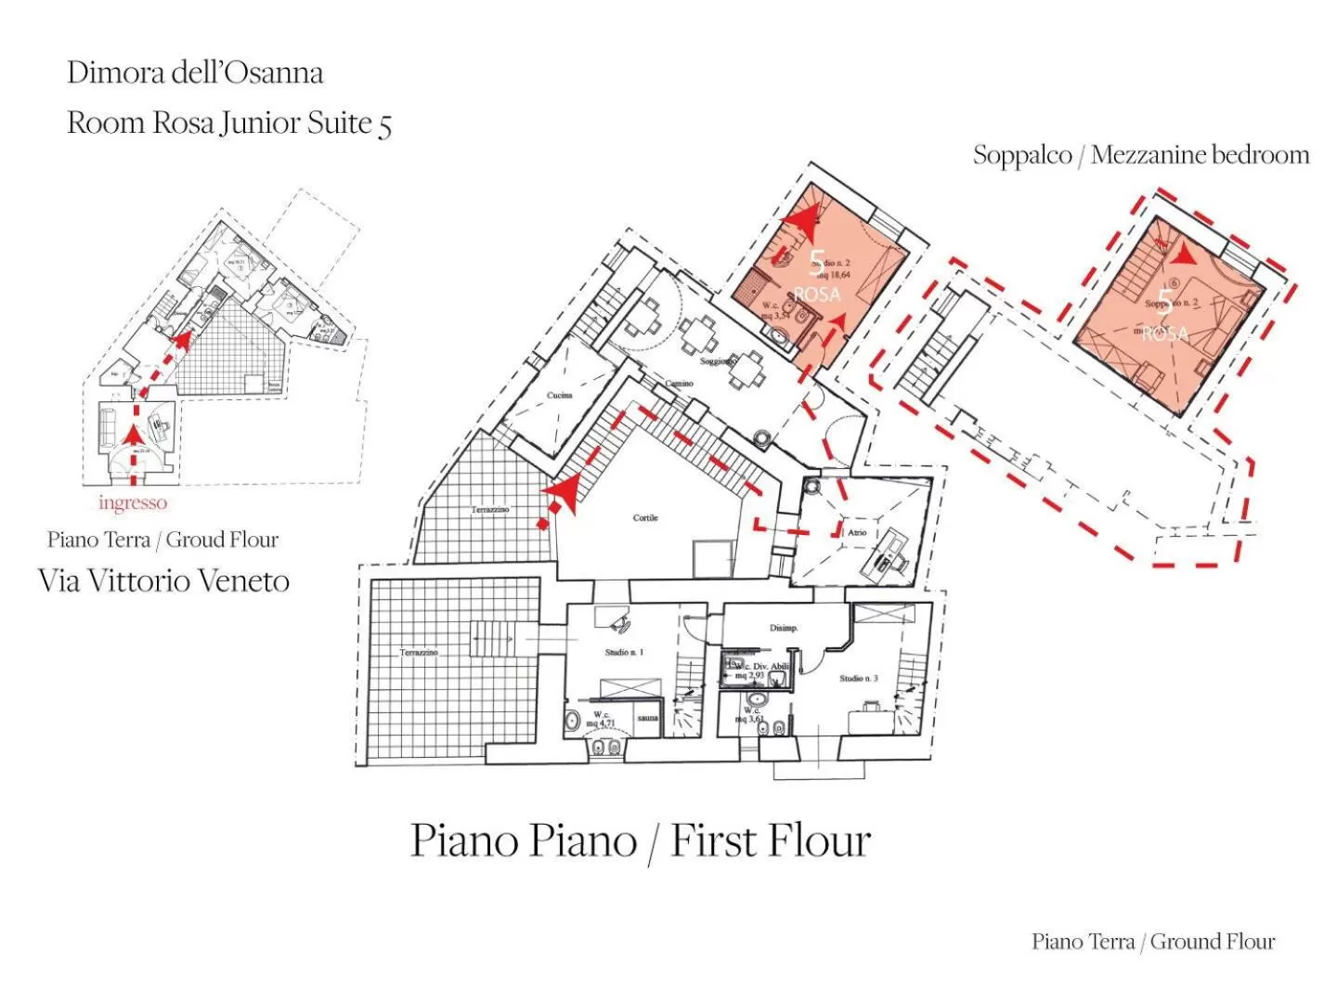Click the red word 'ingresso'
pyautogui.click(x=133, y=502)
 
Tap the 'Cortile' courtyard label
pyautogui.click(x=645, y=517)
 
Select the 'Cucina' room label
pyautogui.click(x=560, y=396)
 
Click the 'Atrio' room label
pyautogui.click(x=857, y=533)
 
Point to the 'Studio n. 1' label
pyautogui.click(x=624, y=652)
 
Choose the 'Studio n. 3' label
pyautogui.click(x=859, y=678)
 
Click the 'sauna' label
pyautogui.click(x=648, y=718)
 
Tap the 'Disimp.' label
pyautogui.click(x=784, y=629)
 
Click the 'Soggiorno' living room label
pyautogui.click(x=718, y=361)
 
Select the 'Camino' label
pyautogui.click(x=679, y=384)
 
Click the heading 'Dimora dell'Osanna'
pyautogui.click(x=195, y=72)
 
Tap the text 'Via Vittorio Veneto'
pyautogui.click(x=164, y=581)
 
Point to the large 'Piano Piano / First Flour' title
pyautogui.click(x=641, y=840)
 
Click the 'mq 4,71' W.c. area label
pyautogui.click(x=600, y=723)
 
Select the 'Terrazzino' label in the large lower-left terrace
pyautogui.click(x=419, y=653)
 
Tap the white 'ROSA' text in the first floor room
pyautogui.click(x=817, y=294)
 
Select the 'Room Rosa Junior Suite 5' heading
pyautogui.click(x=229, y=123)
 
